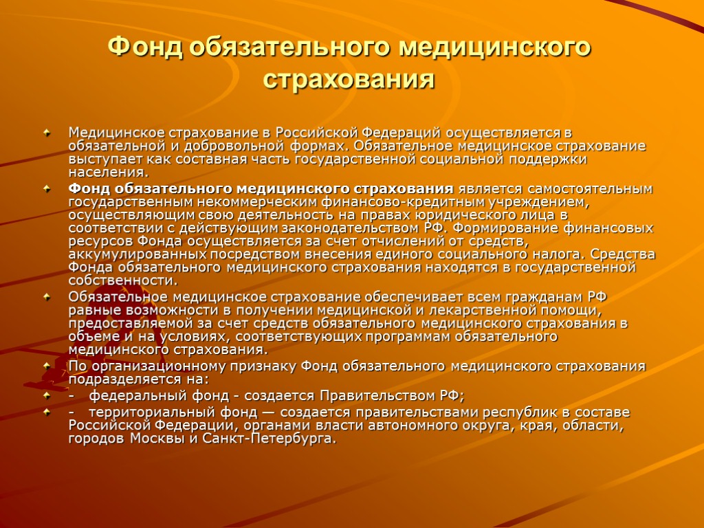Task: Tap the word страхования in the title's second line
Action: coord(349,78)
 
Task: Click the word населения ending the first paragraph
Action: coord(106,172)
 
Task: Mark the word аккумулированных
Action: coord(136,254)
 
